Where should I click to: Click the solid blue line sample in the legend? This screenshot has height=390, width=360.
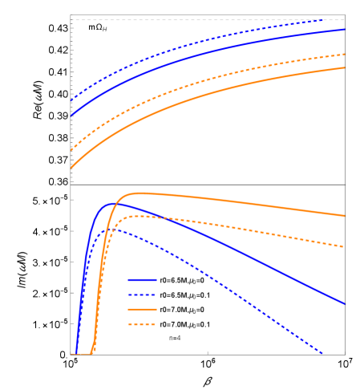tap(142, 280)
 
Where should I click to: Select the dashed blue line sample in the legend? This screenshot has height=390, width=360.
tap(142, 295)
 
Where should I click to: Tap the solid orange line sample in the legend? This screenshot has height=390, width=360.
tap(142, 309)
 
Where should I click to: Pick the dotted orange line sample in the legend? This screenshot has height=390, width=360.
tap(142, 324)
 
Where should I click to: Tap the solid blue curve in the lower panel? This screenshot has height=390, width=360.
tap(241, 248)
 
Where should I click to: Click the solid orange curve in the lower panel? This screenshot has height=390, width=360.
tap(241, 200)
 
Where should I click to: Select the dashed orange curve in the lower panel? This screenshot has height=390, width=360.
tap(241, 225)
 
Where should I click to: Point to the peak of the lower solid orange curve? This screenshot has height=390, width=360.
tap(140, 193)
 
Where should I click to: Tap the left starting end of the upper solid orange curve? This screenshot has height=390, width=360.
tap(71, 168)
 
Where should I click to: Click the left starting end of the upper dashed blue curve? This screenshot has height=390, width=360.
tap(71, 101)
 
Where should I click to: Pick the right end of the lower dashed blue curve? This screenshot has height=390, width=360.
tap(322, 353)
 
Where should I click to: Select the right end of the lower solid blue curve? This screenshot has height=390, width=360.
tap(345, 303)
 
